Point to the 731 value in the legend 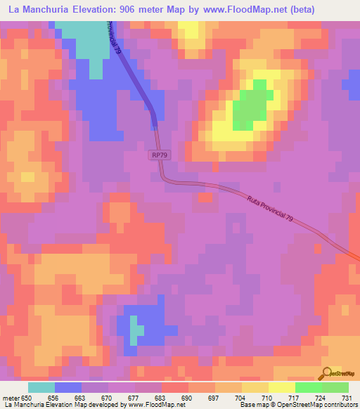click(x=345, y=398)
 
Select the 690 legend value click(x=187, y=398)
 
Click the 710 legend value click(x=266, y=398)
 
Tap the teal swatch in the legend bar click(x=41, y=387)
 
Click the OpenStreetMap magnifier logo click(x=326, y=373)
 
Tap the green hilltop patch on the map click(x=252, y=106)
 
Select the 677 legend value click(x=134, y=398)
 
